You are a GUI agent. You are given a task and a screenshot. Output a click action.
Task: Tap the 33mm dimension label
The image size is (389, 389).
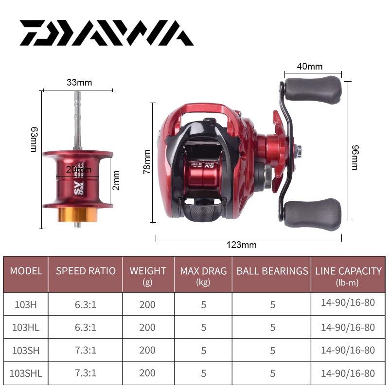(x=79, y=82)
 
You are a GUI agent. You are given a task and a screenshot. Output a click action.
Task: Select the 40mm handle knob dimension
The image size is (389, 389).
(x=310, y=67)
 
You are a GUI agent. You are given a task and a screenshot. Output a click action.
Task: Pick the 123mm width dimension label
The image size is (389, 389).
(x=242, y=245)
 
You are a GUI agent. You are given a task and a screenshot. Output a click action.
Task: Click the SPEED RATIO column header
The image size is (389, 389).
(x=86, y=271)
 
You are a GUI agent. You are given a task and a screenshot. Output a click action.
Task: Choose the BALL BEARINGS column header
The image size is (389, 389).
(x=272, y=271)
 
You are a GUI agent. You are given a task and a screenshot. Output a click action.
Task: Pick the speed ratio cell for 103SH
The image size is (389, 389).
(x=86, y=350)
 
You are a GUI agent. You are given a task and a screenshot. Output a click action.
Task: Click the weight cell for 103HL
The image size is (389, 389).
(x=147, y=327)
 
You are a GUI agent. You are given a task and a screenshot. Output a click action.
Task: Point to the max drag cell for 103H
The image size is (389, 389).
(x=203, y=304)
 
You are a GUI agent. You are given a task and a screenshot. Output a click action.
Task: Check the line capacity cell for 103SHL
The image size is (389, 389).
(x=348, y=373)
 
